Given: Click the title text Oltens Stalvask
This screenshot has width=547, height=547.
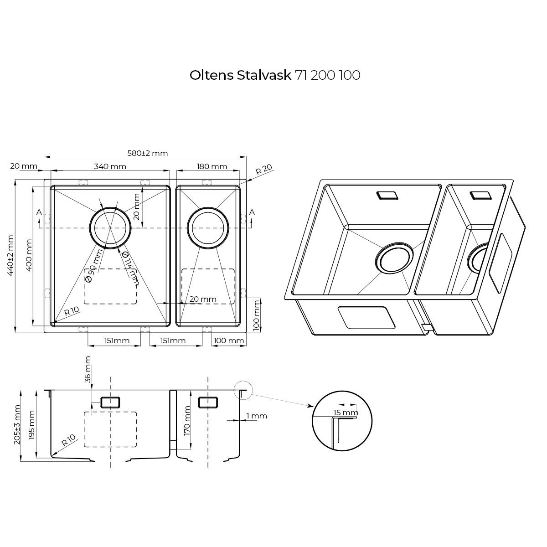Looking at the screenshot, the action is click(240, 75).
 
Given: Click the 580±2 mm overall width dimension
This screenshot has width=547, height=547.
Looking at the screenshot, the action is click(148, 153).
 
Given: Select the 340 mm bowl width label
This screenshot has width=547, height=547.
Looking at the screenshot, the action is click(110, 166).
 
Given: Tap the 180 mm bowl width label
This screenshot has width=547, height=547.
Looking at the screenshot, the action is click(212, 166).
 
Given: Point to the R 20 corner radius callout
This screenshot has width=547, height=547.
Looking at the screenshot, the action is click(264, 169).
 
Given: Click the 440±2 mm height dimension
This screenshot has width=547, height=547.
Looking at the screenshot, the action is click(10, 255).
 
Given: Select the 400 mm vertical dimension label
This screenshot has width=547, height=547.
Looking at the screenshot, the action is click(29, 255).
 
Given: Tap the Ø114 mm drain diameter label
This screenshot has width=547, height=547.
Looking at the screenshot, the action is click(130, 268).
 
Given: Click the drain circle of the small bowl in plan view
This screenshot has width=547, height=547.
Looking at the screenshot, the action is click(207, 228).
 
